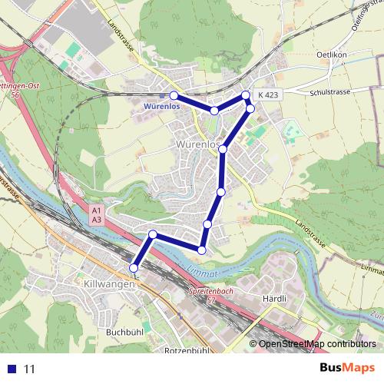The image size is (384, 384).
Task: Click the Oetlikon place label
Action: (x=332, y=55)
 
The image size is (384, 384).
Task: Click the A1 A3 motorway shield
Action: (x=96, y=214)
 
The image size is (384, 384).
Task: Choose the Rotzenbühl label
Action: (x=187, y=350)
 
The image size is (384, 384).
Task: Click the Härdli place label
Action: (x=274, y=298)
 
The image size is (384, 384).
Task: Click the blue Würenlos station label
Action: (x=162, y=107)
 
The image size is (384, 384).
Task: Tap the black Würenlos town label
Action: (x=197, y=144)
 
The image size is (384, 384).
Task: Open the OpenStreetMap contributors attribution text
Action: (x=317, y=344)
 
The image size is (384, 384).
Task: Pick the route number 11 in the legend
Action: (x=30, y=369)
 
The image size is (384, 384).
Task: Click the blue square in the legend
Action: (x=11, y=369)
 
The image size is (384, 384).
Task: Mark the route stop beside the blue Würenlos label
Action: (x=174, y=95)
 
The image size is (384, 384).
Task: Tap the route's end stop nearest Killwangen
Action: (x=134, y=267)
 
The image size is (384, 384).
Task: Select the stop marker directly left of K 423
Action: (x=246, y=95)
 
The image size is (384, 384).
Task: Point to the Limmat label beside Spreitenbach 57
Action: (x=202, y=271)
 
